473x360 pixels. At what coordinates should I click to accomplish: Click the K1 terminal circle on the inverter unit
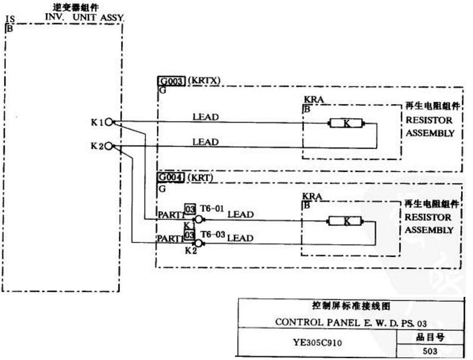[109, 123]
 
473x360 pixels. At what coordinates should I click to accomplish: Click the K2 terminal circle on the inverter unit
[109, 146]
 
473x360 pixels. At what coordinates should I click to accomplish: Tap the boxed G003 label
[171, 82]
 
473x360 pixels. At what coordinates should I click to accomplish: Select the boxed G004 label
[171, 177]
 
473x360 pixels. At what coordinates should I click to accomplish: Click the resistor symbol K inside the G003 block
[346, 124]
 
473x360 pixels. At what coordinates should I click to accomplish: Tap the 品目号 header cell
[429, 337]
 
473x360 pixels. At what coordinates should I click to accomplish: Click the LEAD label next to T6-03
[240, 238]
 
